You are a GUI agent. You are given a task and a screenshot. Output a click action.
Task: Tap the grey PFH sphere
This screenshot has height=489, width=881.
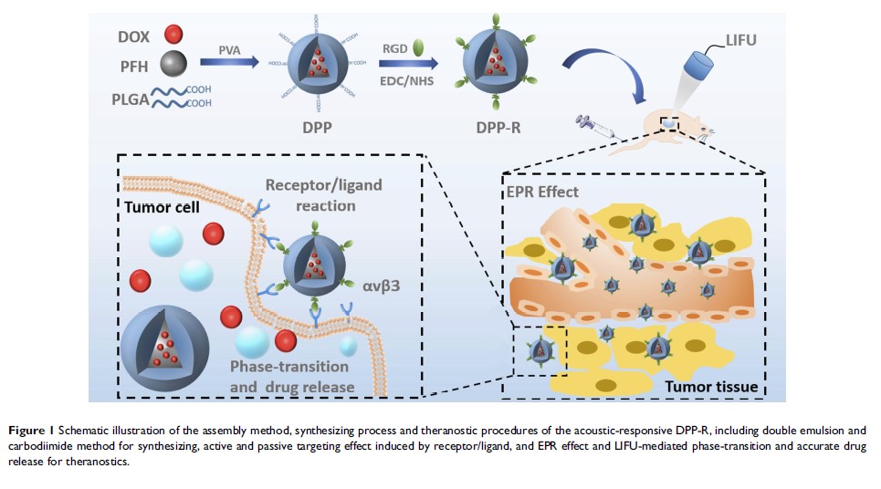tap(173, 64)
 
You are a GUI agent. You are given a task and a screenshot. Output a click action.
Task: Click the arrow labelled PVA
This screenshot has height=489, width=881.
tap(228, 62)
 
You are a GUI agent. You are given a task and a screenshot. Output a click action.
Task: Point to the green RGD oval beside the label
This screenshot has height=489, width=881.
tap(420, 45)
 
